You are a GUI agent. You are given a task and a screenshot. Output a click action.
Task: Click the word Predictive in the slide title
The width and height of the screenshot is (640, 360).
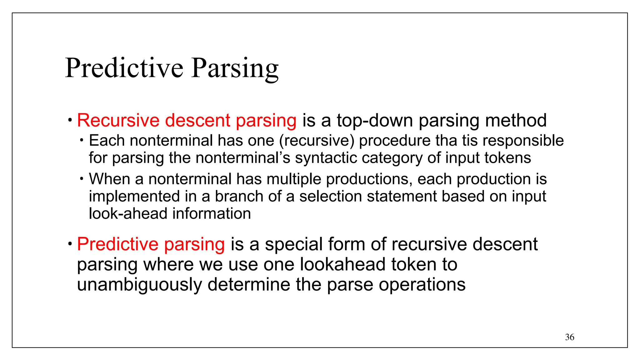(124, 68)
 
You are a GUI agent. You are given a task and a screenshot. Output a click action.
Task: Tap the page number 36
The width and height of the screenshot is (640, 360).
(569, 337)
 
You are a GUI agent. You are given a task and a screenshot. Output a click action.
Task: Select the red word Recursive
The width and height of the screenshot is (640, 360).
(118, 120)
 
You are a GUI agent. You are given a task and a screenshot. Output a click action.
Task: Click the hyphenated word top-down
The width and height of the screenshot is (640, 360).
(375, 120)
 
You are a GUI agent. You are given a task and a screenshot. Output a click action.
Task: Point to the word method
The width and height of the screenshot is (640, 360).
(516, 120)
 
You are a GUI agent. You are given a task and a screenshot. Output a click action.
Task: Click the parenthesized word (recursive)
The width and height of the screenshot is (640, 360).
(317, 141)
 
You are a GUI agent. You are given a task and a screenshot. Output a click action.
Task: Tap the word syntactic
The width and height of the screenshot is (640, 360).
(326, 158)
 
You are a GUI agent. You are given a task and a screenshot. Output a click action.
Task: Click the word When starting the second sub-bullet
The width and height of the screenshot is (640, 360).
(109, 179)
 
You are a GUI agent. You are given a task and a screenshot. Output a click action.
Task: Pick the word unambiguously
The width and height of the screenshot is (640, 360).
(139, 285)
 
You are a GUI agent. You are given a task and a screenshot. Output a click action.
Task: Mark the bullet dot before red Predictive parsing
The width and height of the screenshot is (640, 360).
(70, 243)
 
